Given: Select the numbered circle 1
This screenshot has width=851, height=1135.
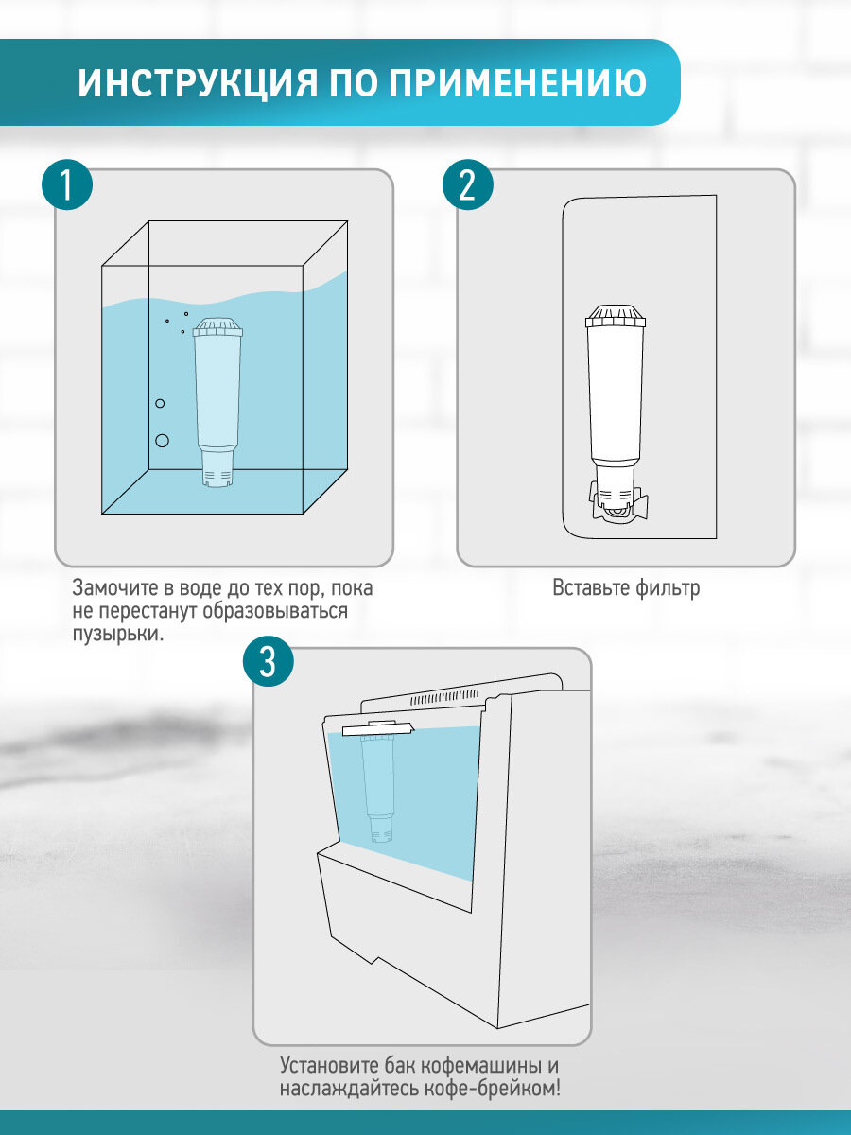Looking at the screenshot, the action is (67, 185).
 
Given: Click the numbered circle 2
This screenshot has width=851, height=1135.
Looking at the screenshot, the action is (467, 185).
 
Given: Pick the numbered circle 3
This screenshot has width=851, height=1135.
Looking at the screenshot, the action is (268, 662).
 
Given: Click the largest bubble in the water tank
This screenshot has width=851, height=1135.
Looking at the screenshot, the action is (162, 440).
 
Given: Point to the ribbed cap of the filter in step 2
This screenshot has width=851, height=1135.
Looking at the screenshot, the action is (614, 315).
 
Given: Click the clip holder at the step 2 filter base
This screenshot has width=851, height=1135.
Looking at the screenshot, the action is (616, 502).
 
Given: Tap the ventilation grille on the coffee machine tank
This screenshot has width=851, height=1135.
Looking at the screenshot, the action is (444, 697).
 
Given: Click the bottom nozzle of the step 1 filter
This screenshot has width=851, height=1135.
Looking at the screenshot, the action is (218, 469).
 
